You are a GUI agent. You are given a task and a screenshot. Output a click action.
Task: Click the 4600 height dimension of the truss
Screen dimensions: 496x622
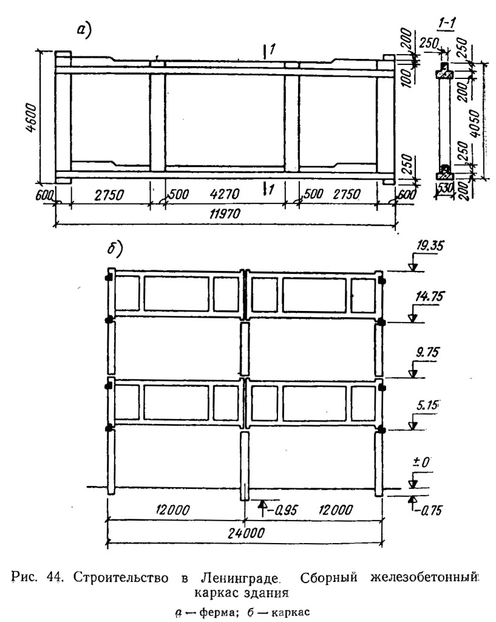33,118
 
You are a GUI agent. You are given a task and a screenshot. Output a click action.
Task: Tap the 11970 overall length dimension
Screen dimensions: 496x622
225,214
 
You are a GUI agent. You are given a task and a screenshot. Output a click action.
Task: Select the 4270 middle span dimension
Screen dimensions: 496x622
225,194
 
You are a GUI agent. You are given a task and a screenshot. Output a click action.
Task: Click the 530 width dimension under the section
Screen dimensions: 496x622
446,188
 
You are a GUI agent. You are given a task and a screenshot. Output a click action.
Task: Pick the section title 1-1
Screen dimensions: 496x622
446,24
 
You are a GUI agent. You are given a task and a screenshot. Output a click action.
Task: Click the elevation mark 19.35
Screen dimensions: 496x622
429,247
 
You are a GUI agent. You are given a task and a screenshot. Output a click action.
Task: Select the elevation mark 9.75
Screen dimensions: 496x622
427,352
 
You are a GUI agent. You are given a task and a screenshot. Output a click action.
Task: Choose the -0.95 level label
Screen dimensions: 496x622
283,510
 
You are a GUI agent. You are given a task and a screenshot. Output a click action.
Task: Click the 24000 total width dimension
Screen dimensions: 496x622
246,533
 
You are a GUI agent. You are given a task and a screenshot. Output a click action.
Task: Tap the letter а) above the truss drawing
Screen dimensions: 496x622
84,30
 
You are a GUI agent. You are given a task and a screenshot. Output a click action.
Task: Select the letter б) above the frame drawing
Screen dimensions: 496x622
115,250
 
